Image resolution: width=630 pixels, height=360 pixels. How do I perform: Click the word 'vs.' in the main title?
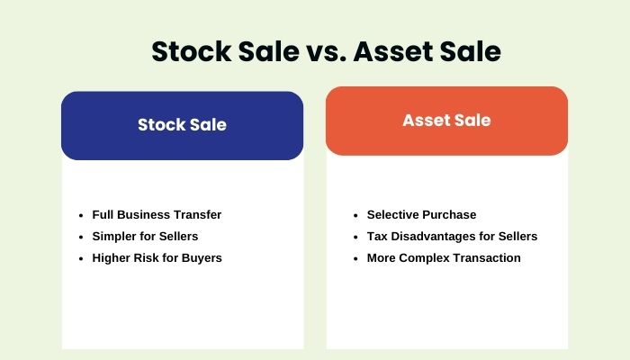pos(316,52)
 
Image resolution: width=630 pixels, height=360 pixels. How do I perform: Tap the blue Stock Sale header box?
pos(182,125)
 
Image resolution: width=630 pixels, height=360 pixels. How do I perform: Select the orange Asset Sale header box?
pos(446,121)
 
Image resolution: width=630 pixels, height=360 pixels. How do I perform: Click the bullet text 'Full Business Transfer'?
pos(157,215)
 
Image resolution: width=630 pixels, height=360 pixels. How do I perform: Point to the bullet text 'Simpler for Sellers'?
pos(146,237)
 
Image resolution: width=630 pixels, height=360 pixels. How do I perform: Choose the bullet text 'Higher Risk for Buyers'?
pos(157,258)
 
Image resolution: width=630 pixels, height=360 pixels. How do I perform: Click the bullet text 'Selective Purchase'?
pos(421,215)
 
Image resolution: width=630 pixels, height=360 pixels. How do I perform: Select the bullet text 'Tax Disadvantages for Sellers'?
pos(452,237)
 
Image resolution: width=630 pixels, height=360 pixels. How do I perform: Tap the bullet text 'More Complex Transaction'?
pos(444,258)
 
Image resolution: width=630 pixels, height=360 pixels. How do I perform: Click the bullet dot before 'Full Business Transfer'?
pos(81,216)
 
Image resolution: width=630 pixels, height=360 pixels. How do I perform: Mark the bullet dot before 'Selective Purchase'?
pos(356,216)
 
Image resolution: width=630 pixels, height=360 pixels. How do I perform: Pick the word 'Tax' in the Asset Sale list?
pos(378,237)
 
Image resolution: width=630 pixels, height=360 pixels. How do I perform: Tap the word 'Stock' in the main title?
pos(192,52)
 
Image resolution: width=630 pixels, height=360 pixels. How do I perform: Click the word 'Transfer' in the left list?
pos(198,215)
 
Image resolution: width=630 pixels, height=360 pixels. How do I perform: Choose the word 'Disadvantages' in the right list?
pos(436,237)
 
